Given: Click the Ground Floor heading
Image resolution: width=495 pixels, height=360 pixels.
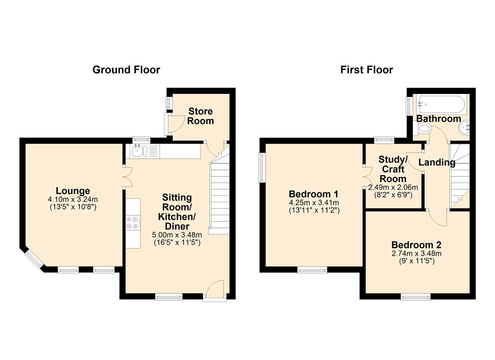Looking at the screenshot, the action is (126, 70).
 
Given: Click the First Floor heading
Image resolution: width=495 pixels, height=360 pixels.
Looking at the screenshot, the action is (367, 70).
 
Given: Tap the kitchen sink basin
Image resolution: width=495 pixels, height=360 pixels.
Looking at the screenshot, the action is (137, 151).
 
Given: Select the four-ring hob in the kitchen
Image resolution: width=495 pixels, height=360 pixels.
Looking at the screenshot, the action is (133, 223).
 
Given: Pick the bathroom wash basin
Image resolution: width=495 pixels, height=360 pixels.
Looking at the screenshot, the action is (464, 128).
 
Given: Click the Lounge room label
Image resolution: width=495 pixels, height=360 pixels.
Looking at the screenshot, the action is (73, 191).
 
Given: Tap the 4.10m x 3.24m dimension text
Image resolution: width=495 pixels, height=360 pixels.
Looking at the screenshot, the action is (73, 199).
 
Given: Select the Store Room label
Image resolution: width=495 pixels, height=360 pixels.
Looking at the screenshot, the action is (200, 116).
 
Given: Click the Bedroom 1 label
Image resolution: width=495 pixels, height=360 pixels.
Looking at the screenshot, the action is (314, 194).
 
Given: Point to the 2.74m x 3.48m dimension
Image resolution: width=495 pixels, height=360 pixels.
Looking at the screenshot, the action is (417, 253).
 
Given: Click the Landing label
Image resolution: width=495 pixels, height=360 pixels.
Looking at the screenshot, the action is (437, 162).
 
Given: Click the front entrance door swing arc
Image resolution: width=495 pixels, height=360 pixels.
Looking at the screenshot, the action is (214, 287).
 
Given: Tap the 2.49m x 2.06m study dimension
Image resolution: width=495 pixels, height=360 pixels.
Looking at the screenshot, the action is (393, 188).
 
